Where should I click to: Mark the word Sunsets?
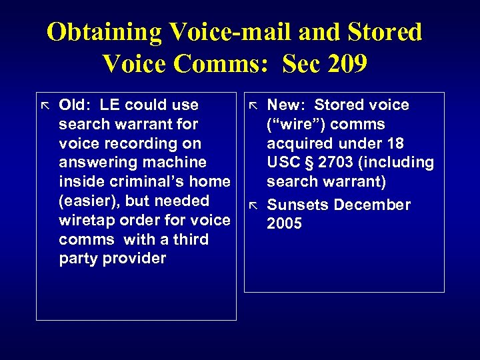(x=297, y=205)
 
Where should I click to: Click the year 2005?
(x=284, y=223)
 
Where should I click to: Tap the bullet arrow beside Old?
(x=45, y=105)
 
